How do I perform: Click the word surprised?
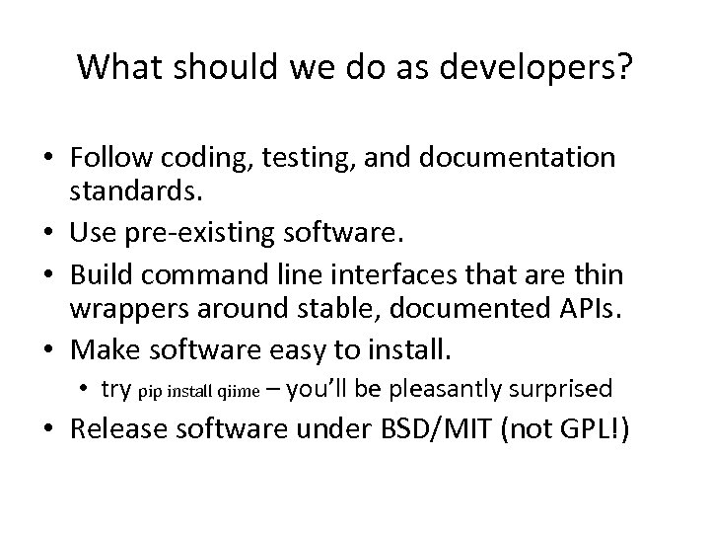[x=563, y=390]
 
